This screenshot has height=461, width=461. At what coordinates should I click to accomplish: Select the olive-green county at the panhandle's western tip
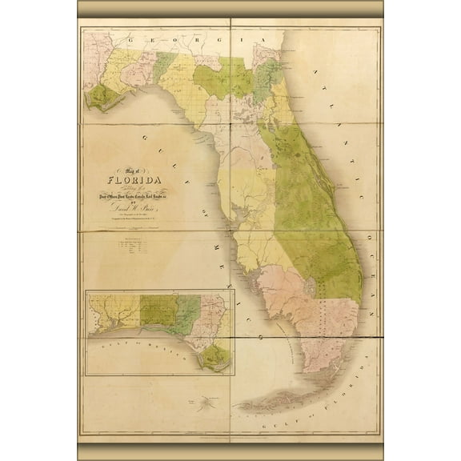tap(102, 99)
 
